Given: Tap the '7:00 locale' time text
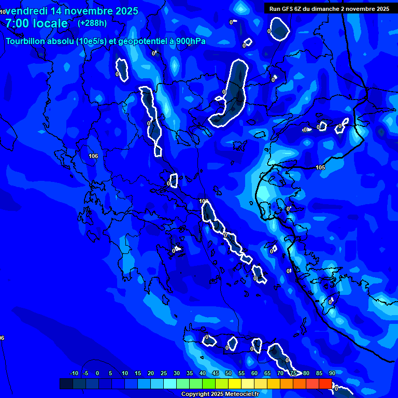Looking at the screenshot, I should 36,23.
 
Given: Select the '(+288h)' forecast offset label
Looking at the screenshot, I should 92,23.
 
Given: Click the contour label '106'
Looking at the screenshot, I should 93,156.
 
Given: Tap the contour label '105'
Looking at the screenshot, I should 320,167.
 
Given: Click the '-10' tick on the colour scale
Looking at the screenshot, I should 74,373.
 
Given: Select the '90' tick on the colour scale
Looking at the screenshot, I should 332,373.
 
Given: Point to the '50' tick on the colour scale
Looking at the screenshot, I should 229,373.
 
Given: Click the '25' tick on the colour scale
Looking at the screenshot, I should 164,373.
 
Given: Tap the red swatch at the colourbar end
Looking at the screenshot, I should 325,383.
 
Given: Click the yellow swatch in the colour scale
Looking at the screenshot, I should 234,383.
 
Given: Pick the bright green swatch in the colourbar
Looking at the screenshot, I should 208,383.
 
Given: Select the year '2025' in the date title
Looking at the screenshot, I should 123,11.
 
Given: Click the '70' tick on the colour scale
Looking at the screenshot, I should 280,373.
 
